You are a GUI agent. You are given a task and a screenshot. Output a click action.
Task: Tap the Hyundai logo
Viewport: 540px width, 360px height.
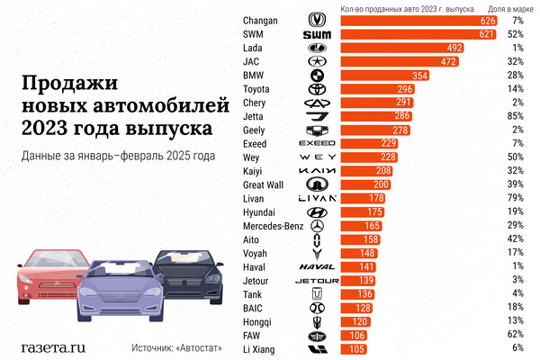[317, 211]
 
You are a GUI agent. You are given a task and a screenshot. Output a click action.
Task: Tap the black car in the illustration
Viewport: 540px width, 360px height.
[189, 274]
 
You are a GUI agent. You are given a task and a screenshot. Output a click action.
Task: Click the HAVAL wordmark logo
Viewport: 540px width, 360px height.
[317, 266]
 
